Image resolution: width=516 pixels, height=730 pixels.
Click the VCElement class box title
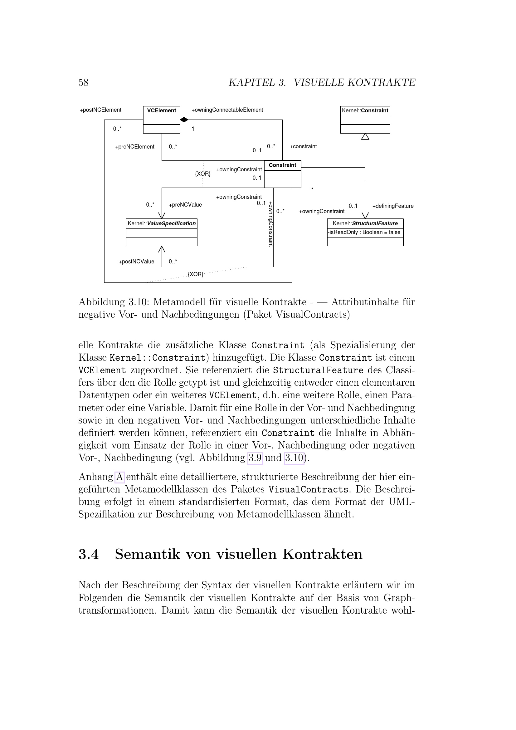161,111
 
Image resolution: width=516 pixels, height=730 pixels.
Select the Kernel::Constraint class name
365,111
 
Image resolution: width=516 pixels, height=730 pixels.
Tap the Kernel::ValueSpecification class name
161,223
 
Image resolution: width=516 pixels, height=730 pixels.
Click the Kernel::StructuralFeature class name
365,223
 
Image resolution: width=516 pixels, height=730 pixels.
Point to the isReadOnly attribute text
364,233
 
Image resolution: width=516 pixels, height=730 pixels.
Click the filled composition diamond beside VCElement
184,120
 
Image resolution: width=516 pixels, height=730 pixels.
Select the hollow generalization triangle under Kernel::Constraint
365,136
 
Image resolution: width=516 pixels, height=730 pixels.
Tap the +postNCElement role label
100,110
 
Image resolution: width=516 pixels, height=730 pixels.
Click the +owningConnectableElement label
227,110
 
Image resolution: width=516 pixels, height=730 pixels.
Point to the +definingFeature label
393,206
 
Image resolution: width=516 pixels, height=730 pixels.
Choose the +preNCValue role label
185,205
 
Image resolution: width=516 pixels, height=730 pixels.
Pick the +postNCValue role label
136,262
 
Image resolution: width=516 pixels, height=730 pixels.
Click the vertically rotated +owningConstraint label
271,224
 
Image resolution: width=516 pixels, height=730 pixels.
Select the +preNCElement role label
134,147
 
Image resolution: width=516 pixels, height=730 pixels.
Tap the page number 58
83,83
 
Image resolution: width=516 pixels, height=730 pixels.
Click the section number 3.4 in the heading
89,554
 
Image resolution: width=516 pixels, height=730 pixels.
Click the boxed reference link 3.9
255,458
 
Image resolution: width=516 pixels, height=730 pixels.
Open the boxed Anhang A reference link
119,477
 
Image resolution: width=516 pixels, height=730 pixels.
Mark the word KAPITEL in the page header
252,83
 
